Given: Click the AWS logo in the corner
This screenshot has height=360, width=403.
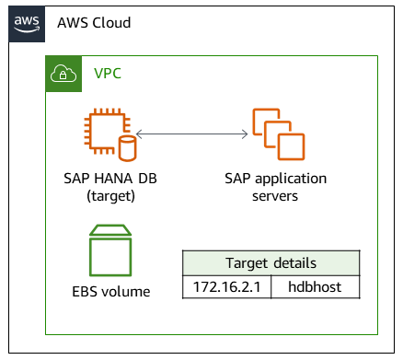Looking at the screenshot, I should point(28,23).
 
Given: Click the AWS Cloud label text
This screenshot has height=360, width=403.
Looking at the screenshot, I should point(94,23).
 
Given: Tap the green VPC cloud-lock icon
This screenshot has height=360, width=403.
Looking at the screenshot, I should point(63,74).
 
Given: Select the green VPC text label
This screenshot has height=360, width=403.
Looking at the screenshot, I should point(108,74).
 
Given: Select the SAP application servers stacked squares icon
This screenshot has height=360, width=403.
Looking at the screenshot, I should point(278,134).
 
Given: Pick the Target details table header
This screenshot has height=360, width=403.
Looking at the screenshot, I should point(271,262).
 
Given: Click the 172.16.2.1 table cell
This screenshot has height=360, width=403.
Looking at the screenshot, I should point(226,287).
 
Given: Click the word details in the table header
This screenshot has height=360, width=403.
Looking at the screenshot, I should point(294,262).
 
